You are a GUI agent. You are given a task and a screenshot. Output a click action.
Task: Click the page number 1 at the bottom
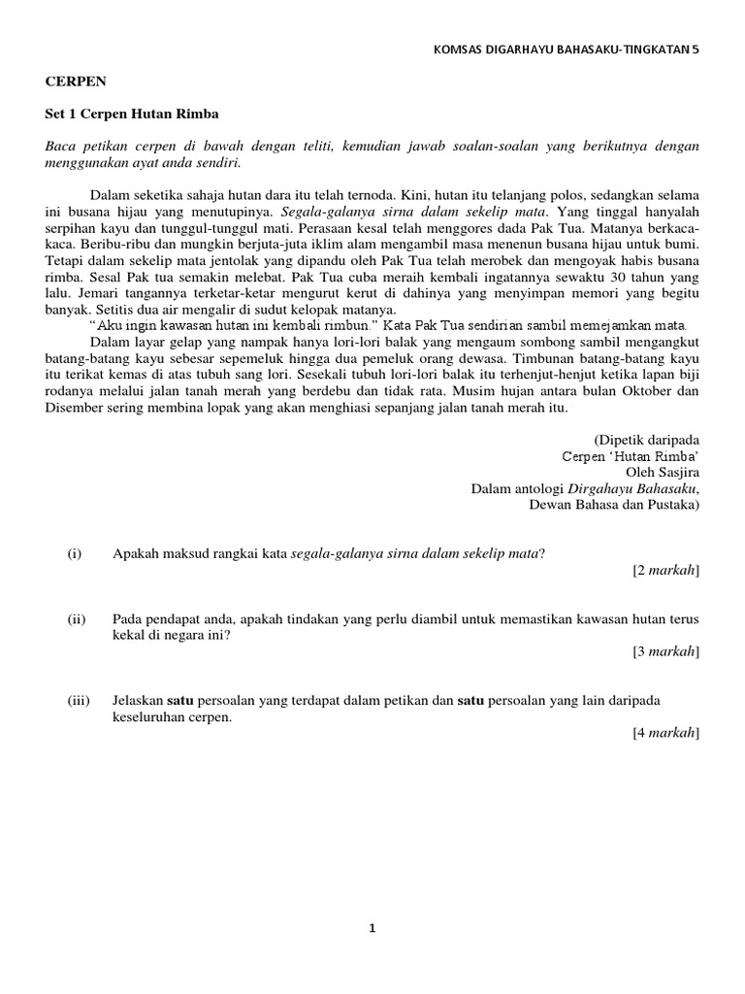click(x=372, y=928)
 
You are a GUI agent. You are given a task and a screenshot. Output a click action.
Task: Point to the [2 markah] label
click(x=665, y=570)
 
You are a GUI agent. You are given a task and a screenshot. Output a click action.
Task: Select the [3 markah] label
click(x=665, y=651)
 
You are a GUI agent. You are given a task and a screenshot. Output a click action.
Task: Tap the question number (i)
click(x=75, y=553)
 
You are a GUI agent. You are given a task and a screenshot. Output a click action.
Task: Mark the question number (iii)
click(x=79, y=700)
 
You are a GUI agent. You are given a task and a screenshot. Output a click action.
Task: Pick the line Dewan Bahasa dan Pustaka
click(x=613, y=504)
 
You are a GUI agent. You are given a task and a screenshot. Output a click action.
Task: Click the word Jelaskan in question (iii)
click(x=138, y=700)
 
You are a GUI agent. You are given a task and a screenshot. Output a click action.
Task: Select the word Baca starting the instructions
click(x=59, y=146)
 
